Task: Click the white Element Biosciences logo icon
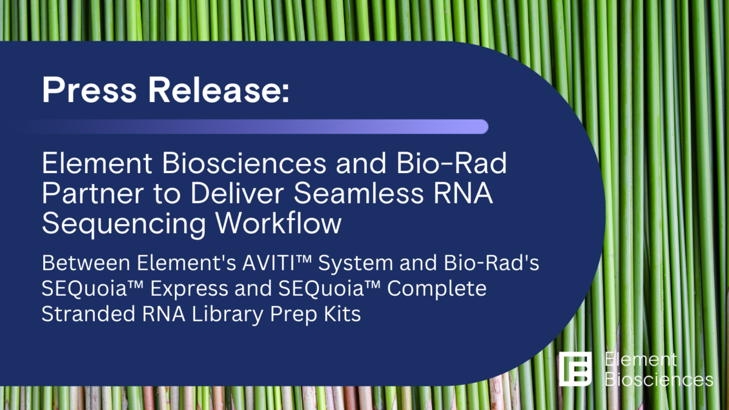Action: tap(575, 368)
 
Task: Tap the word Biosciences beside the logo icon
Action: tap(659, 380)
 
